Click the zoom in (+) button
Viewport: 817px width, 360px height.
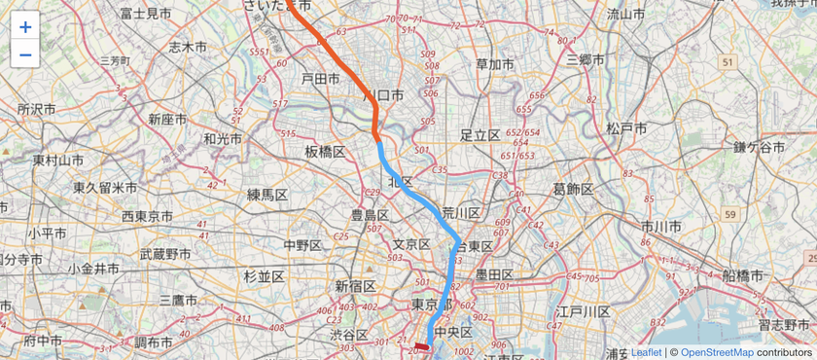point(25,27)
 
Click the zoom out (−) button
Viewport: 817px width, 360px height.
point(25,54)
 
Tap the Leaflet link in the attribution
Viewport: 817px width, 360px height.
point(646,352)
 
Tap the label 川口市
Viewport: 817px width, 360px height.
point(382,96)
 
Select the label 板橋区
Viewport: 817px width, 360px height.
point(325,152)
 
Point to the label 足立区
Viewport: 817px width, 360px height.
point(480,134)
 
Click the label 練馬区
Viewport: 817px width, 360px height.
point(267,195)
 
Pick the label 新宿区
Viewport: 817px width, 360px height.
point(355,286)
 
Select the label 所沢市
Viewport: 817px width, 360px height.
point(41,109)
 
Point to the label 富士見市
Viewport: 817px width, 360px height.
point(146,14)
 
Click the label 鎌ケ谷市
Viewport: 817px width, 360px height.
point(760,147)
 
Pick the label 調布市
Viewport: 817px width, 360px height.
point(154,342)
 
